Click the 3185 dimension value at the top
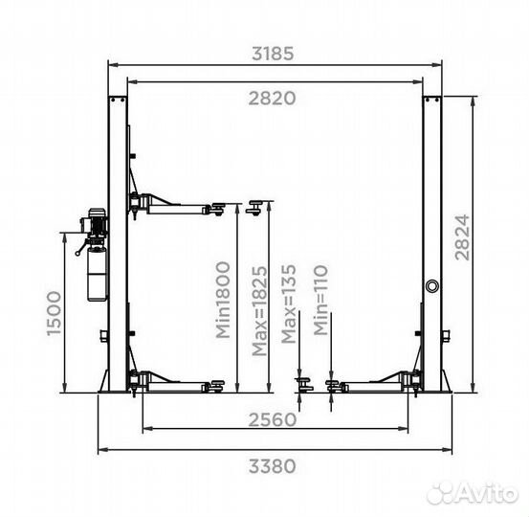[273, 54]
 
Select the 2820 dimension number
[273, 99]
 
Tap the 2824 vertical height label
[462, 237]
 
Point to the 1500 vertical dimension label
[54, 314]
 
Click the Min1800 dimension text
[223, 300]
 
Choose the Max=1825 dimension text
[259, 311]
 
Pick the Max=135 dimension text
[289, 303]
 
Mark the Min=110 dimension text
[320, 301]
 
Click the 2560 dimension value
[273, 420]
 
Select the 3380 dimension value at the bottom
[273, 466]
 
